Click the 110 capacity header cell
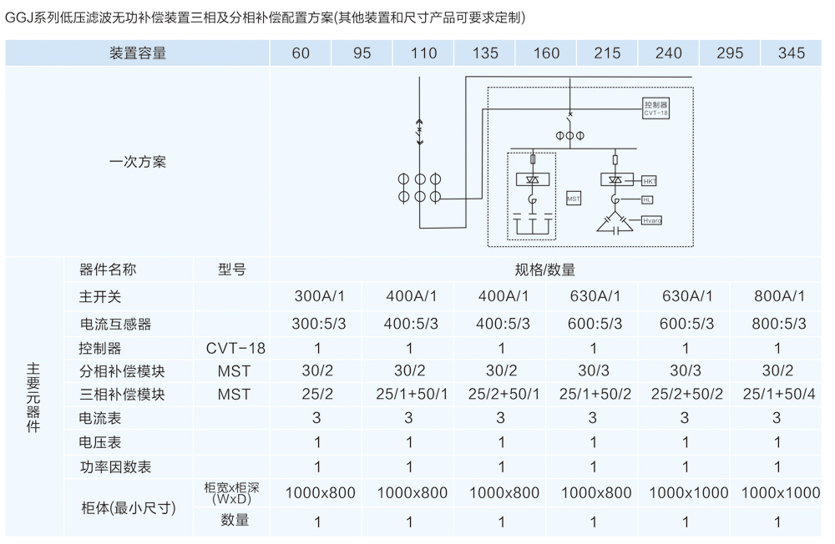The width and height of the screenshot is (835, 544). point(424,53)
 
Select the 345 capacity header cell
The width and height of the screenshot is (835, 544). point(792,53)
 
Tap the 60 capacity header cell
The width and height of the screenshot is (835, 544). point(301,53)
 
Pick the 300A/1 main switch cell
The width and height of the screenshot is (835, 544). point(317,297)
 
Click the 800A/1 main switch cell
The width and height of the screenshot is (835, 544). point(777,297)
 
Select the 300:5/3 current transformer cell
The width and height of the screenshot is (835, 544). point(317,324)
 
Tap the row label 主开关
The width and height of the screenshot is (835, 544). point(100,297)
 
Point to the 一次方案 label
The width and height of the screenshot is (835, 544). point(138,162)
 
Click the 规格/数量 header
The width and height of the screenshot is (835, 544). point(545,270)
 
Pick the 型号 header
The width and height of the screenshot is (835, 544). point(232,270)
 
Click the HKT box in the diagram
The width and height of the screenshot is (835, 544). point(650,180)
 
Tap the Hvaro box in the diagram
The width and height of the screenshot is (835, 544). point(651,220)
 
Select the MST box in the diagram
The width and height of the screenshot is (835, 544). point(574,199)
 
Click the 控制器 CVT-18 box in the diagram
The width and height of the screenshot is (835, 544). point(656,108)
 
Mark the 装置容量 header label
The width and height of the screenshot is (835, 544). point(138,53)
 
